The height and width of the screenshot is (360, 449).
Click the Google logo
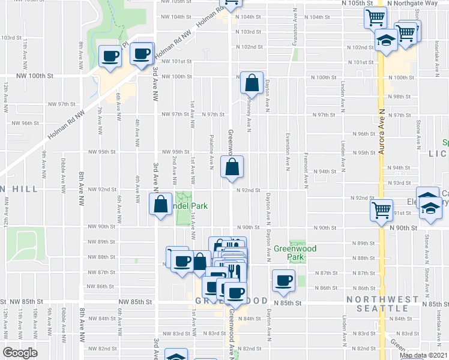[x=19, y=353]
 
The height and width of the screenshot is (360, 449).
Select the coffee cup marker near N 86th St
[x=284, y=280]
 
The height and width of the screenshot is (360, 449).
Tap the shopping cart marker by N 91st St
[x=382, y=211]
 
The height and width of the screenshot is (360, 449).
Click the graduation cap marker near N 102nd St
[x=385, y=41]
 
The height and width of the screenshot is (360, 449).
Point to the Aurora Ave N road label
[x=381, y=131]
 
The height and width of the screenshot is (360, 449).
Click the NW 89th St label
[x=100, y=242]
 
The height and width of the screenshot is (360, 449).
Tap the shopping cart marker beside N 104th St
[x=376, y=18]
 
